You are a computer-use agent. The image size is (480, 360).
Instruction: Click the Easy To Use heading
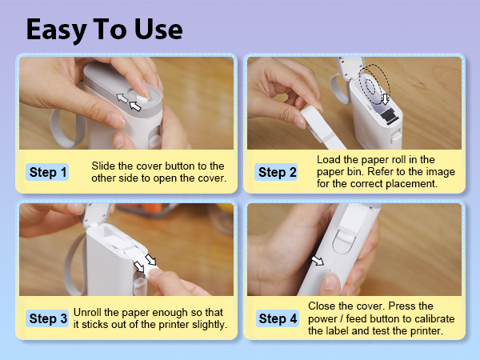tap(104, 29)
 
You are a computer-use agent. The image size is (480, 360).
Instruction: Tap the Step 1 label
tap(48, 172)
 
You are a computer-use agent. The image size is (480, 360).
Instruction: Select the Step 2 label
tap(278, 172)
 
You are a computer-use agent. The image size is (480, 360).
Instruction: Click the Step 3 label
tap(48, 318)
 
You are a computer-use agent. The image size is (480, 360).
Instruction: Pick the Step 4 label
tap(278, 318)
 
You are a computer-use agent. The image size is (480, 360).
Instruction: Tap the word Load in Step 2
tap(330, 159)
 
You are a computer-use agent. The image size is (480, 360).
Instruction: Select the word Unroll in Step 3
tap(90, 312)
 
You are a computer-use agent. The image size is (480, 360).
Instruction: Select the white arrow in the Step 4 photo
tap(318, 260)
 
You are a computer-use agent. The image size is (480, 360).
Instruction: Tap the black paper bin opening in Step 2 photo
tap(388, 118)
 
